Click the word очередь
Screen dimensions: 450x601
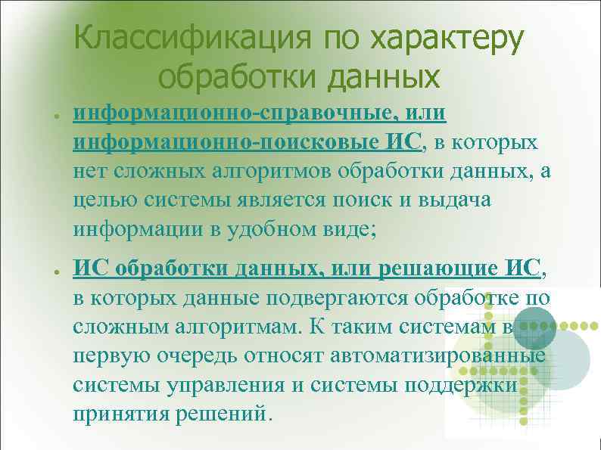click(x=185, y=356)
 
